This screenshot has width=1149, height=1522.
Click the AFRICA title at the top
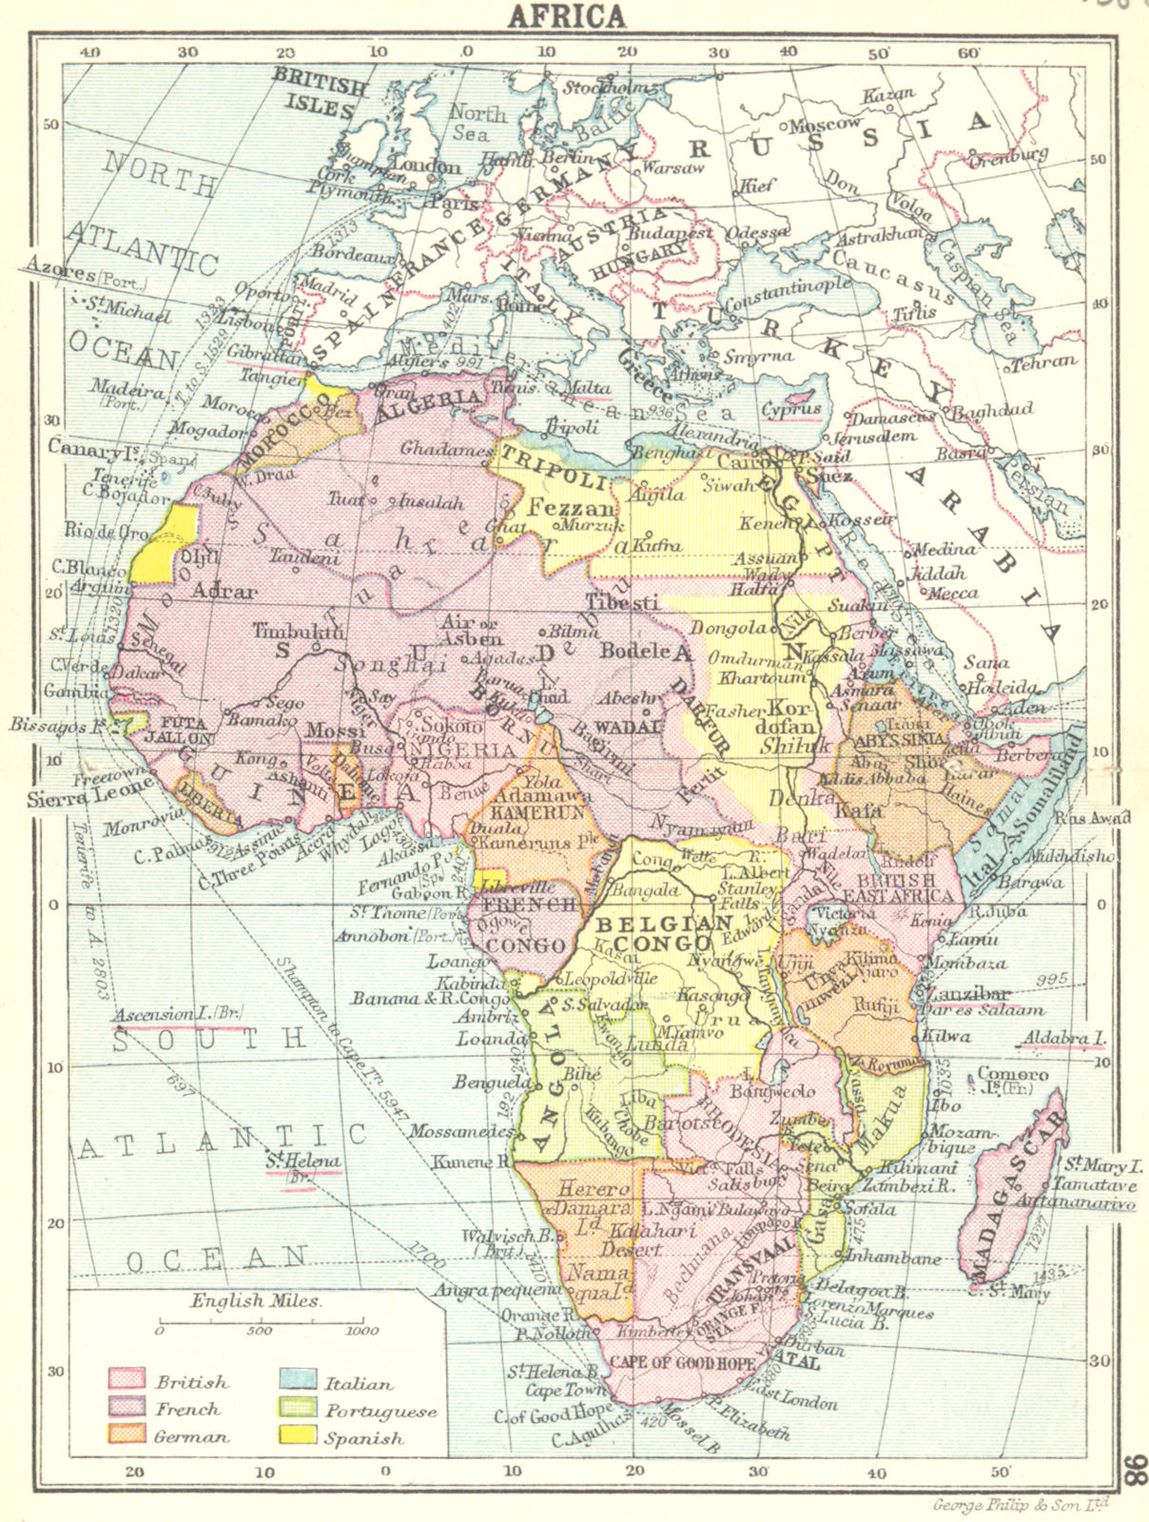567,15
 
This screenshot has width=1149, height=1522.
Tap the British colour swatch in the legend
127,1378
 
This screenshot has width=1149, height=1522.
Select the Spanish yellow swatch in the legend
296,1435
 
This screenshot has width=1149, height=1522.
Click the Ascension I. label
177,1015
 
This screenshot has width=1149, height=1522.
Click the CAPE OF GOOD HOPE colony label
685,1362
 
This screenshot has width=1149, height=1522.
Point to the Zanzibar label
963,992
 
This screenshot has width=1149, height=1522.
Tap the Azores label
61,274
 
